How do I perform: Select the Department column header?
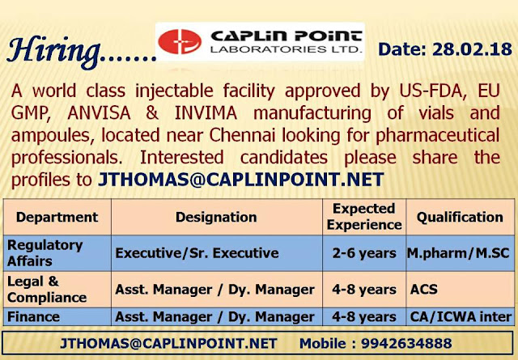[x=57, y=217]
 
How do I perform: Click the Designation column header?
[x=216, y=217]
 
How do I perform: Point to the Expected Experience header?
[x=363, y=217]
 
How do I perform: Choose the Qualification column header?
[x=460, y=217]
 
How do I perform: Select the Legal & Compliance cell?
[x=47, y=288]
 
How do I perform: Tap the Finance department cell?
[x=33, y=316]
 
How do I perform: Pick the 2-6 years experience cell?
[x=363, y=253]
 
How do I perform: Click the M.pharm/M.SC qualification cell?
[x=458, y=253]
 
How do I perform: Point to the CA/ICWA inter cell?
[x=458, y=316]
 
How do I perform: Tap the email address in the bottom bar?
[x=169, y=343]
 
